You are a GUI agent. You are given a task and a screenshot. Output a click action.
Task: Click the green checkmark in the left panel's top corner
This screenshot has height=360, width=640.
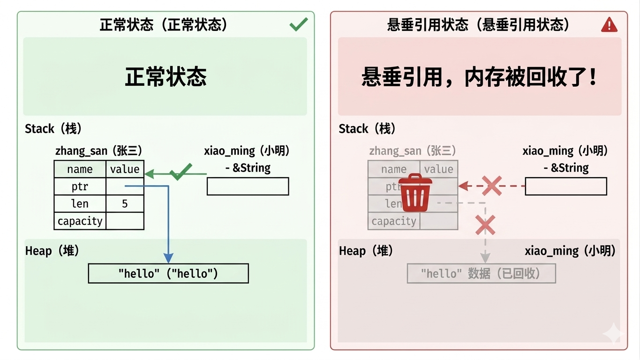point(299,24)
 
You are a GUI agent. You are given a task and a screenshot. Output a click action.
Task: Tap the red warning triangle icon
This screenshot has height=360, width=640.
point(609,25)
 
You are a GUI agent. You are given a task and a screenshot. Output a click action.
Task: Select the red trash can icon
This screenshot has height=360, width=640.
point(415,193)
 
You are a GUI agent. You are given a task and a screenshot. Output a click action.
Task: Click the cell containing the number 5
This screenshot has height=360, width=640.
point(125,203)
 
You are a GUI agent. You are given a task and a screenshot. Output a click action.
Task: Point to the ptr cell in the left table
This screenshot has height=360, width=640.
point(80,187)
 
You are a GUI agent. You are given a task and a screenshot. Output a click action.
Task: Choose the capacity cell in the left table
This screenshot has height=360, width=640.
point(80,221)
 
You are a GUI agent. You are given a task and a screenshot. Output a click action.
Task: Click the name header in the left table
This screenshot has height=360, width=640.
point(80,169)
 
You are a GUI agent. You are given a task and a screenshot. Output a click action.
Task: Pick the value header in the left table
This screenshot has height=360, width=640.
point(125,169)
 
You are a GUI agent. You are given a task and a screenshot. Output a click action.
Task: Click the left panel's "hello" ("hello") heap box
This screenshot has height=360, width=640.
point(168,273)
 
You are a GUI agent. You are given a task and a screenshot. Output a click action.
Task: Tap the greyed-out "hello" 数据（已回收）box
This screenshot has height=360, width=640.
point(481,273)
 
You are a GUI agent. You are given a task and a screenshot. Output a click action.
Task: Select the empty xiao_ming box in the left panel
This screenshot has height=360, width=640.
point(248,187)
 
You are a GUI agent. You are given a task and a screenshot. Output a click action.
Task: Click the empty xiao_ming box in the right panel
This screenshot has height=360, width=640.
point(566,186)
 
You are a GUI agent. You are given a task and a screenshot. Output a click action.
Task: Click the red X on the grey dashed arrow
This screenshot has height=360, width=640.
point(485,225)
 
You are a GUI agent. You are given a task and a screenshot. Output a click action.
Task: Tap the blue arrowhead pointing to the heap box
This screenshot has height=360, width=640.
point(168,258)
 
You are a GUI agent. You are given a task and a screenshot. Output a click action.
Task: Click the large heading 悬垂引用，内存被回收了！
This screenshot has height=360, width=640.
point(480,77)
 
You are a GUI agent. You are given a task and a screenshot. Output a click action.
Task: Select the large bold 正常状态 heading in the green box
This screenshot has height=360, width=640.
point(166,76)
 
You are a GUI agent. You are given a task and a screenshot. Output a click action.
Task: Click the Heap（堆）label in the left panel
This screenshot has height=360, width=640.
point(52,251)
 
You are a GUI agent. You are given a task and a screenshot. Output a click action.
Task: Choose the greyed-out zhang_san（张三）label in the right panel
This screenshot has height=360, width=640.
point(412,151)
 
